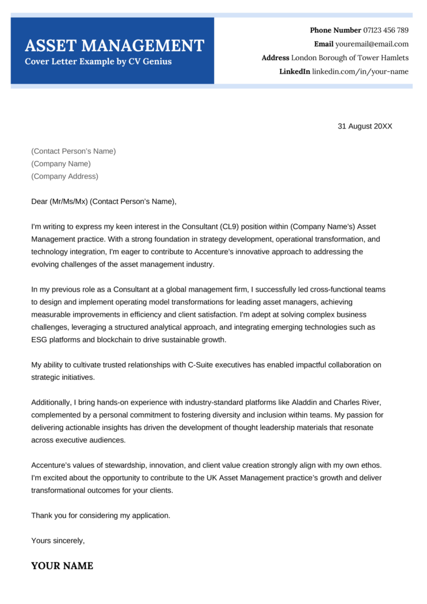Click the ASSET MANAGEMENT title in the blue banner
click(114, 45)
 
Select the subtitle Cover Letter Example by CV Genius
click(98, 62)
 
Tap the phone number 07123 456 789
click(386, 30)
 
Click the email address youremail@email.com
click(372, 44)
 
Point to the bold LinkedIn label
click(294, 72)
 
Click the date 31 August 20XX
click(364, 126)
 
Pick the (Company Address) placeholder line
click(65, 176)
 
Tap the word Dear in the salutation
click(40, 202)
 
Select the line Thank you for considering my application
click(100, 516)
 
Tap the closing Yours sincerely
click(58, 540)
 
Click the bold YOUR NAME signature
click(62, 566)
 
